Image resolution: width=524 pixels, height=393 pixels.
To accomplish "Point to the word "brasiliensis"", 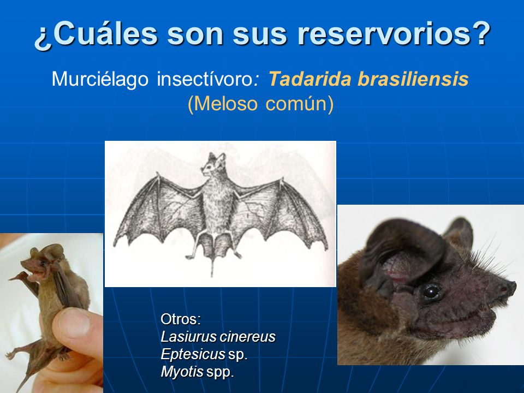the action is [x=413, y=79].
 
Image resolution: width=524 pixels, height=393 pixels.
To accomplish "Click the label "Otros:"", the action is [x=181, y=319].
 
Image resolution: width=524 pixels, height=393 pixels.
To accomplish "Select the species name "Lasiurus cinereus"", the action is [x=218, y=337].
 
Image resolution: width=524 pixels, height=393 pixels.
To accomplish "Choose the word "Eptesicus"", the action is [x=193, y=354].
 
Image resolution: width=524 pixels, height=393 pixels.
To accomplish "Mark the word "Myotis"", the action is [x=182, y=372].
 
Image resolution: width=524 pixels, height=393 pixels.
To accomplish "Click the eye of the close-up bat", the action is [x=431, y=291].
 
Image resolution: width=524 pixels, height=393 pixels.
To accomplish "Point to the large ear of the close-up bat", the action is [x=401, y=257].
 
